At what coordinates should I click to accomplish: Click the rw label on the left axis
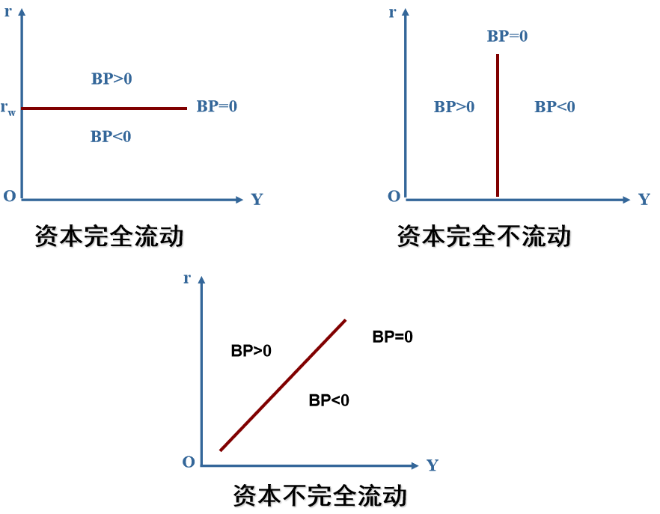point(9,109)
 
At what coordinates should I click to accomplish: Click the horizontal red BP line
point(105,108)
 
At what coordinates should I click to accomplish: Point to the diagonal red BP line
point(284,385)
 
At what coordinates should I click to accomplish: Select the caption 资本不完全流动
point(320,495)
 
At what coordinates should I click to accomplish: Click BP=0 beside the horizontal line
point(217,106)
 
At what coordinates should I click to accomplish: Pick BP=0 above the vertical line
point(507,36)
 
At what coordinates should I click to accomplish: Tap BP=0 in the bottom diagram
point(393,337)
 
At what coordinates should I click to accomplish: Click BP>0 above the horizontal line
point(111,79)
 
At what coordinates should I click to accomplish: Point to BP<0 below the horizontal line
point(111,137)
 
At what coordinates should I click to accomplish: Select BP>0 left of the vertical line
point(454,107)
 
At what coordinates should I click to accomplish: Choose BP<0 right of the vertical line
point(554,107)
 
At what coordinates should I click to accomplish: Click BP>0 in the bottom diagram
point(251,350)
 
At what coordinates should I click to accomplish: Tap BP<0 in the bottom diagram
point(329,400)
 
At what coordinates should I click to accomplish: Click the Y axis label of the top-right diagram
point(644,200)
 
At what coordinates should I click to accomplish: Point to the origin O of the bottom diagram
point(189,462)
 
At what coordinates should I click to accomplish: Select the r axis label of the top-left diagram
point(8,12)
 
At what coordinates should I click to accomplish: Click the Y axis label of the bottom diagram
point(433,465)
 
